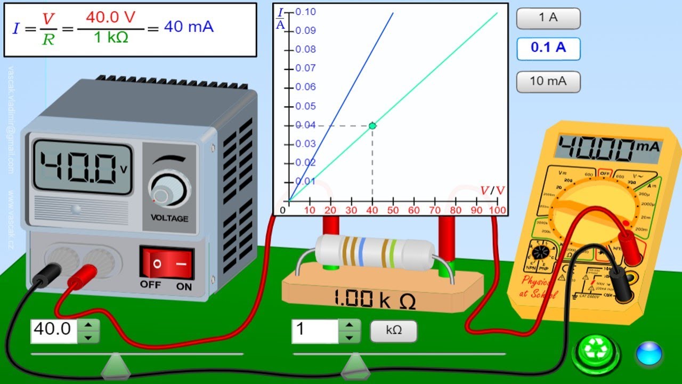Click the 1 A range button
point(548,18)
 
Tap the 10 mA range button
point(548,82)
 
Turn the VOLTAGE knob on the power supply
point(169,190)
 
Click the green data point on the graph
point(372,126)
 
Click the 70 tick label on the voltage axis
point(435,210)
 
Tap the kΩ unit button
point(394,331)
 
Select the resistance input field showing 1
point(315,331)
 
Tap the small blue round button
point(648,354)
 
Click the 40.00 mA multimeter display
point(607,147)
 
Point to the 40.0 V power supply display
point(82,167)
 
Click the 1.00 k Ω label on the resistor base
point(374,299)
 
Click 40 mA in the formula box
point(188,27)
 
